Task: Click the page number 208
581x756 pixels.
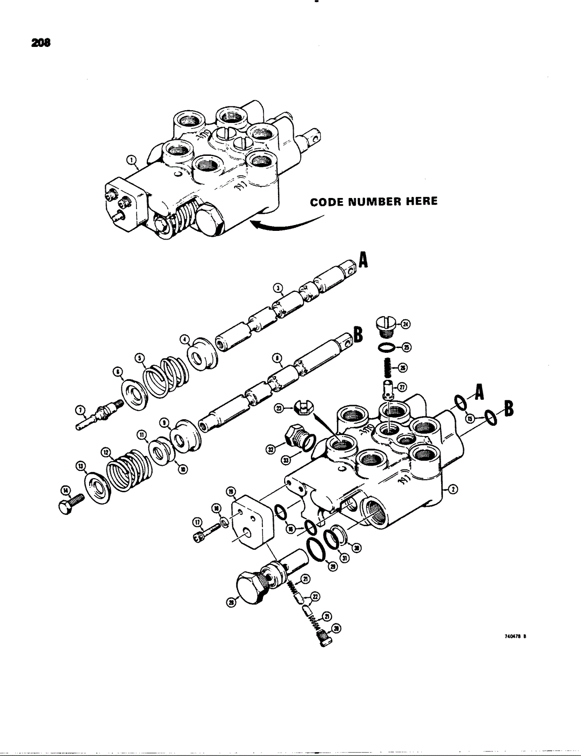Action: point(41,43)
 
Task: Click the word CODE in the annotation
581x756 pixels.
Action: point(327,201)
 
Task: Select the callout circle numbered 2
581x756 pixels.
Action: point(454,489)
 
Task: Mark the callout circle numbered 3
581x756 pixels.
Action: point(277,288)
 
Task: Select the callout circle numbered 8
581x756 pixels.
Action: point(277,359)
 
